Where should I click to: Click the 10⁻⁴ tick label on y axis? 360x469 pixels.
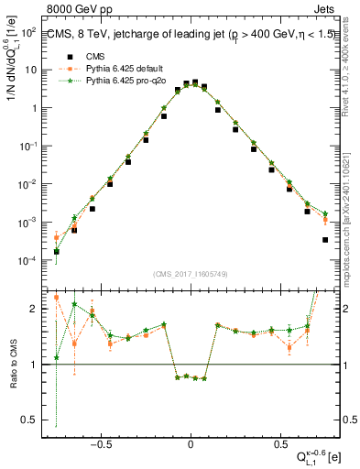pos(28,261)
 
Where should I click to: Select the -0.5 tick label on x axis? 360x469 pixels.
pos(102,441)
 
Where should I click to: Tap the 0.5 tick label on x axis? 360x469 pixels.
pos(278,441)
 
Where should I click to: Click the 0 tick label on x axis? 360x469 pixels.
pos(191,441)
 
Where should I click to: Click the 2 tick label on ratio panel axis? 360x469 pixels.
pos(35,309)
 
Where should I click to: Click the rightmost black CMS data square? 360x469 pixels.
pos(325,240)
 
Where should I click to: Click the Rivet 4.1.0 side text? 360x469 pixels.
pos(352,64)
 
